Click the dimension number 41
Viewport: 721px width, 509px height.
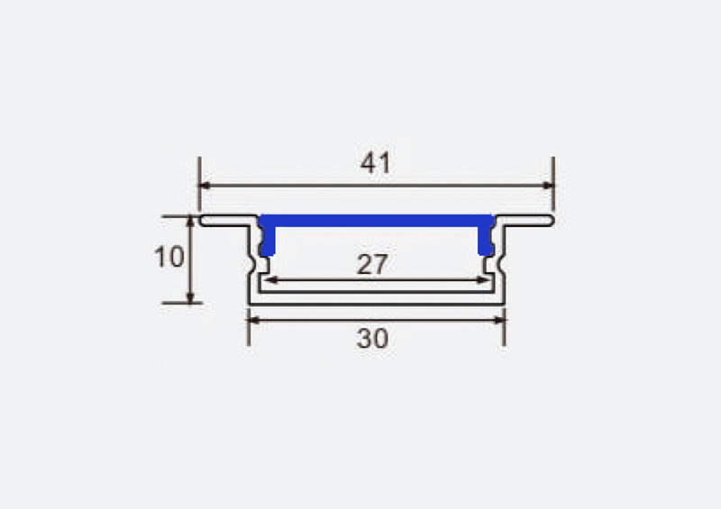(375, 164)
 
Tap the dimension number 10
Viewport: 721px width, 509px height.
(169, 258)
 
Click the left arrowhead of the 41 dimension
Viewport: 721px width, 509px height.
(205, 186)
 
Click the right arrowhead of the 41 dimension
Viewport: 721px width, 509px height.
(547, 186)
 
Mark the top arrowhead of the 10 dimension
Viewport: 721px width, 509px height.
(190, 222)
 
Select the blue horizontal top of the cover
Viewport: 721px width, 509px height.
(376, 220)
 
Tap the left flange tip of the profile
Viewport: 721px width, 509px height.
(204, 221)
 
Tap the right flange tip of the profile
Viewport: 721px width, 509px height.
(549, 221)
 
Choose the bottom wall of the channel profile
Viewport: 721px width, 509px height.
(376, 301)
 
